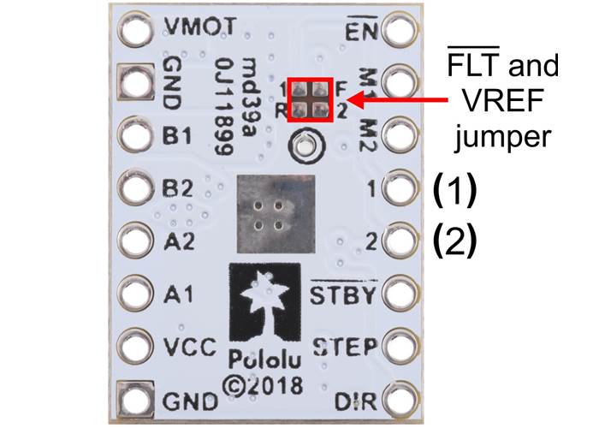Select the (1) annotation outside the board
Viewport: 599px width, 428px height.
(x=454, y=189)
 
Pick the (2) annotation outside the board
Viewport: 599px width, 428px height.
(x=454, y=242)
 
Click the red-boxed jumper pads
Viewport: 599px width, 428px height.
(x=309, y=99)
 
